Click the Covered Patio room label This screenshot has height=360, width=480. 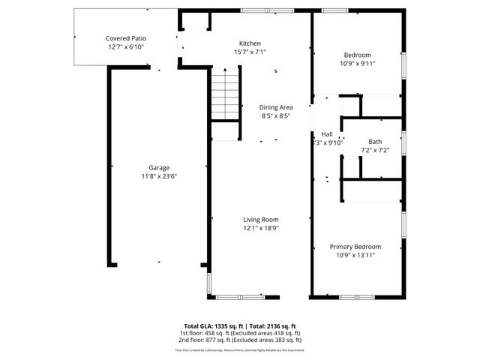click(x=125, y=37)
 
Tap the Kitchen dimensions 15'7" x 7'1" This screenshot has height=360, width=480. click(x=250, y=52)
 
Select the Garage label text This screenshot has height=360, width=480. click(x=158, y=167)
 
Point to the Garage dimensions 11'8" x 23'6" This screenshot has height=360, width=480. click(x=158, y=176)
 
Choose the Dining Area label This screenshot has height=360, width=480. click(x=276, y=107)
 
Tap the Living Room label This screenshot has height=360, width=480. click(x=261, y=220)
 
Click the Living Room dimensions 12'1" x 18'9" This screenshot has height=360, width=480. click(x=261, y=229)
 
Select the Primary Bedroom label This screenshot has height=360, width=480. click(x=356, y=247)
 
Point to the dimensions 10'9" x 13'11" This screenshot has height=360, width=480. click(x=356, y=256)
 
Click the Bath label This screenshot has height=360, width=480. click(x=374, y=142)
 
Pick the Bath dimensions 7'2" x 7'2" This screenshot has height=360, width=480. click(x=374, y=151)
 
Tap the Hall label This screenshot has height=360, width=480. click(x=327, y=133)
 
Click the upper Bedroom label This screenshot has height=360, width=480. click(x=358, y=55)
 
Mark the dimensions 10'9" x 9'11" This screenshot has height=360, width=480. click(x=358, y=64)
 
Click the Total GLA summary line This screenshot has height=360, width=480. click(x=240, y=326)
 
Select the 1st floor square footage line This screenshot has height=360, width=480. click(x=240, y=333)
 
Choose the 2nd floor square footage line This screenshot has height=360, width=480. click(x=240, y=340)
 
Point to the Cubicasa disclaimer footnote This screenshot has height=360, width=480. click(x=240, y=349)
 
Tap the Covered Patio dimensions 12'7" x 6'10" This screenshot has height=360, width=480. click(x=125, y=46)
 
